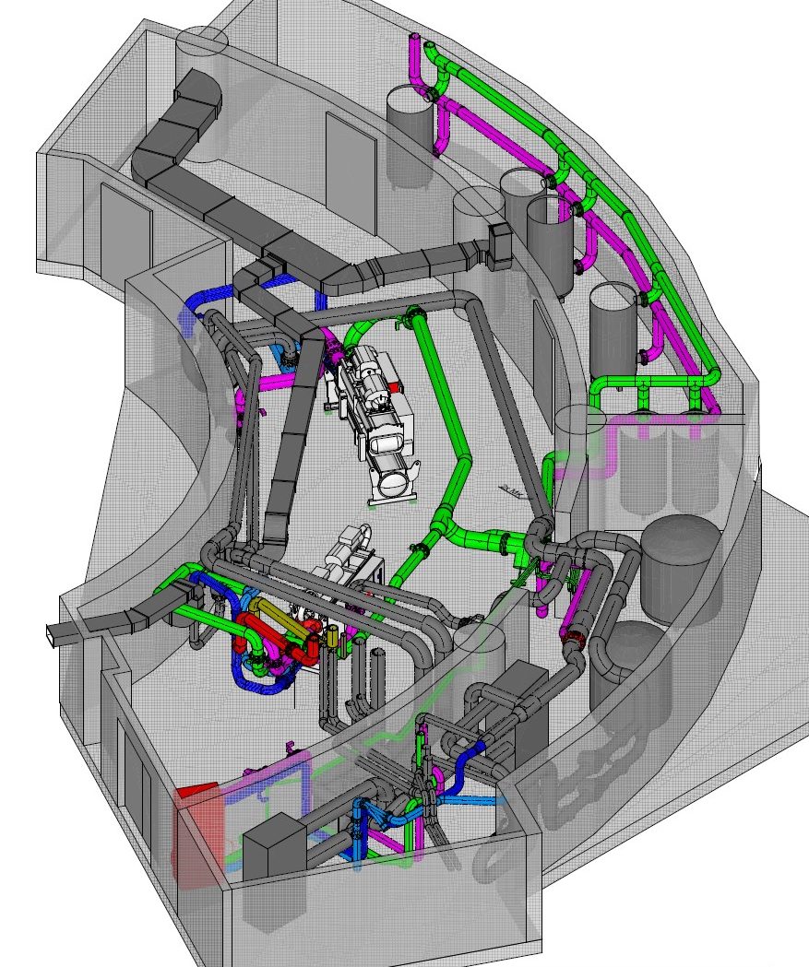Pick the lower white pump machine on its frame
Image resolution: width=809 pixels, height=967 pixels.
(x=351, y=562)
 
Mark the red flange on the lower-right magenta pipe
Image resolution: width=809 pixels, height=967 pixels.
(x=575, y=635)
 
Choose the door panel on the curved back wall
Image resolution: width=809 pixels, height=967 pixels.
(x=350, y=175)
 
